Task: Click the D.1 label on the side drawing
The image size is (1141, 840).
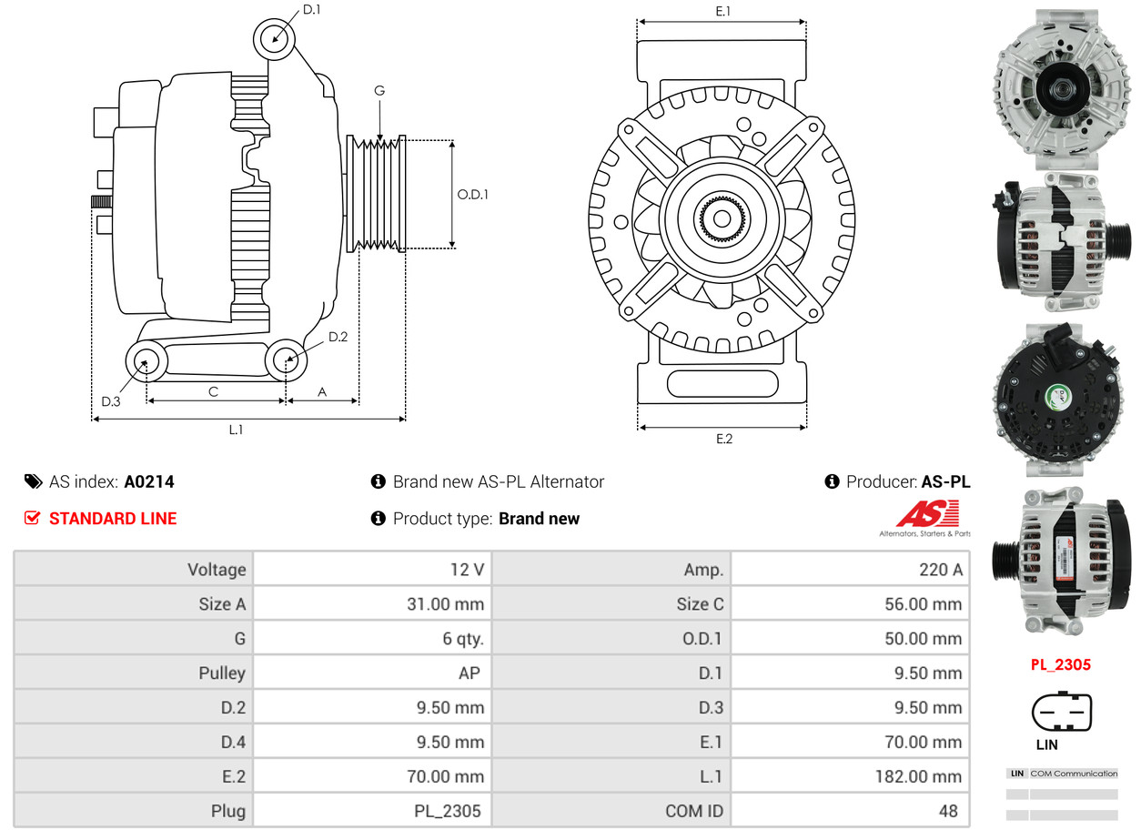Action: click(311, 9)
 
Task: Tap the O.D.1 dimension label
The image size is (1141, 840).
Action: click(472, 194)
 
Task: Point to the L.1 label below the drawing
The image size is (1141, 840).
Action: click(236, 430)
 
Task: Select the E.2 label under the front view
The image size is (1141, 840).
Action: click(723, 439)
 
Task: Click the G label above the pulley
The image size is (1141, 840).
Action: click(379, 90)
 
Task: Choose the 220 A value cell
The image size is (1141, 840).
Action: click(940, 570)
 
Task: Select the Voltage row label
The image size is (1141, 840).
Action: click(217, 570)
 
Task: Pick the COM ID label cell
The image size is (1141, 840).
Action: click(695, 811)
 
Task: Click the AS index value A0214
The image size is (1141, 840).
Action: click(149, 481)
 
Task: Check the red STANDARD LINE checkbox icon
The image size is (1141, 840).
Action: click(33, 518)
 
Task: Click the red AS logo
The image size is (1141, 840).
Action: click(927, 514)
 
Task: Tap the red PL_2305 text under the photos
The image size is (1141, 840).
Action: click(1060, 664)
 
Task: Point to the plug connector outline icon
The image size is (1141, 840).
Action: click(1061, 712)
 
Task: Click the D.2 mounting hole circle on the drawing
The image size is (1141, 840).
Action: click(286, 359)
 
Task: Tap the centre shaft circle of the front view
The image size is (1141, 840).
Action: click(722, 219)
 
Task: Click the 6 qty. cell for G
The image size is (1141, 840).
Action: click(463, 639)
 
